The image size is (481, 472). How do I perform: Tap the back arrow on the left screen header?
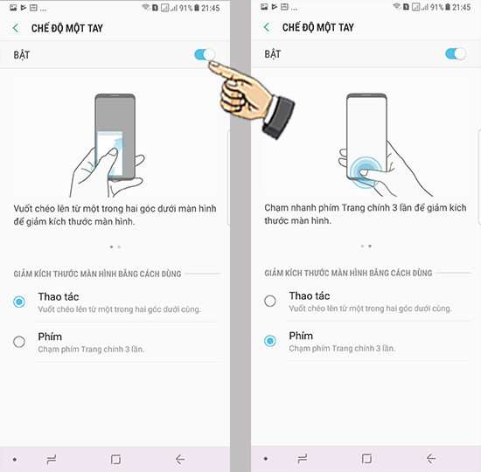point(16,28)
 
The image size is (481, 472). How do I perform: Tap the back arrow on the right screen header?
point(267,27)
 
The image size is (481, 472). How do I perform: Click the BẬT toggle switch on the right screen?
point(456,54)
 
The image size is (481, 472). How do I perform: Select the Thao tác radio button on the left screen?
point(19,302)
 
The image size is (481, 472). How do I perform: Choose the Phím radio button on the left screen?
point(19,342)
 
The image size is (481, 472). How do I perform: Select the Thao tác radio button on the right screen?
point(270,301)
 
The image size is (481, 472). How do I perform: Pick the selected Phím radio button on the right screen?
point(270,341)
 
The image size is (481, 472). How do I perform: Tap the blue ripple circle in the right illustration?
point(366,172)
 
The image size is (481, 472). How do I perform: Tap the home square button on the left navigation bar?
point(115,460)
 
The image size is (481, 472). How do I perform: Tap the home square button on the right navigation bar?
point(366,459)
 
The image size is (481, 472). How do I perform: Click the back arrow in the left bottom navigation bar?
point(180,460)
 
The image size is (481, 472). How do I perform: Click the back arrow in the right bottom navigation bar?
point(431,459)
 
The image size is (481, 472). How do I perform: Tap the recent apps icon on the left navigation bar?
point(52,460)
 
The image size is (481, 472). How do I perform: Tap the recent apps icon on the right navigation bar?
point(303,459)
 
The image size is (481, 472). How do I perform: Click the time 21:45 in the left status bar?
point(211,8)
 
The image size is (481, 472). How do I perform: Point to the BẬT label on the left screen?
point(22,54)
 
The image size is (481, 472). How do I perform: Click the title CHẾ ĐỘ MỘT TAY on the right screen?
point(318,27)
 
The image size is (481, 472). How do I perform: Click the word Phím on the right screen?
point(301,336)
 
